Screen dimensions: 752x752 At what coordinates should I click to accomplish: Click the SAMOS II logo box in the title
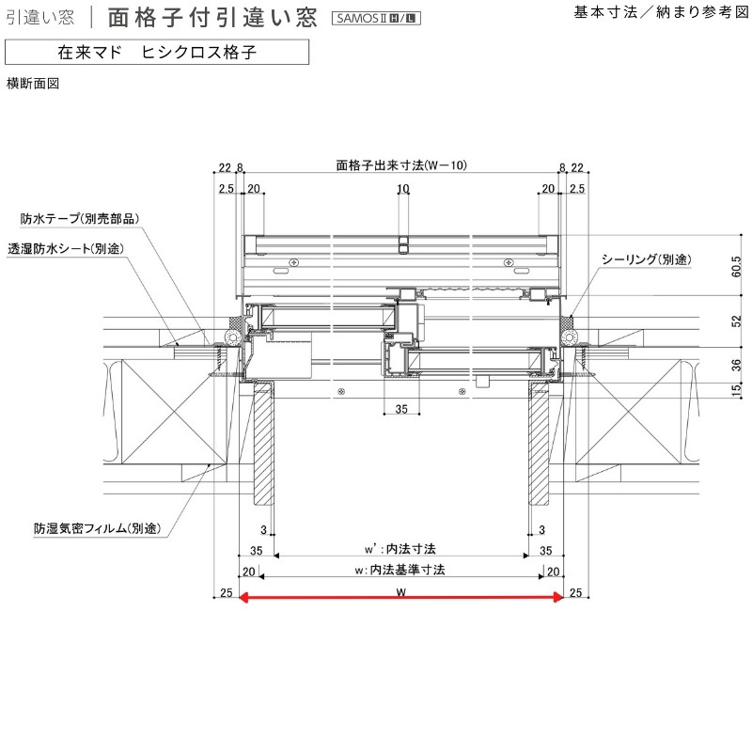click(x=376, y=18)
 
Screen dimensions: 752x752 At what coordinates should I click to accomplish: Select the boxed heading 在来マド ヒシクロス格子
click(x=157, y=52)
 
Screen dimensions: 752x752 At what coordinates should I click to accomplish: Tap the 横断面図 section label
click(x=33, y=84)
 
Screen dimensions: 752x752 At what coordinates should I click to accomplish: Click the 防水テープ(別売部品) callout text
click(x=80, y=219)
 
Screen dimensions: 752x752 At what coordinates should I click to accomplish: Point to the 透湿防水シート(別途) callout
click(x=66, y=248)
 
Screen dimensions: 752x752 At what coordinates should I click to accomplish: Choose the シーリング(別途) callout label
click(x=647, y=259)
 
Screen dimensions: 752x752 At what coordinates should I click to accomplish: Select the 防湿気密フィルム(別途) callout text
click(x=98, y=528)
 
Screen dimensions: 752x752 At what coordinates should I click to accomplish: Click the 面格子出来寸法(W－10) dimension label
click(x=401, y=165)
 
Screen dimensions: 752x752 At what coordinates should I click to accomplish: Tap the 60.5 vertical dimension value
click(x=737, y=266)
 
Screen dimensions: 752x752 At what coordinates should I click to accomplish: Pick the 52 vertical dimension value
click(x=737, y=321)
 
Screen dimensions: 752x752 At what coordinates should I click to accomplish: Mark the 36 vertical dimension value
click(x=737, y=365)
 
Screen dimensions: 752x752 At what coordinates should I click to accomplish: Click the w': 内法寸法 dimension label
click(x=400, y=549)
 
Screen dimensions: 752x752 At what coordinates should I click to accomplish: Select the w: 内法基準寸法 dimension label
click(x=400, y=570)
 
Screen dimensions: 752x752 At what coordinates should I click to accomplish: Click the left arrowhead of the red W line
click(x=243, y=597)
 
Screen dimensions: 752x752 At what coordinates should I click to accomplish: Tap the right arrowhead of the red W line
click(x=558, y=597)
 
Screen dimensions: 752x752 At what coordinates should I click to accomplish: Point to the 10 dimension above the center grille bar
click(x=403, y=189)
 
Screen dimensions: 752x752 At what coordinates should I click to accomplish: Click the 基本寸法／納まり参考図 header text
click(x=661, y=12)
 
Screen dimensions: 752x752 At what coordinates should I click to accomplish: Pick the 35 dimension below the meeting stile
click(x=401, y=409)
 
